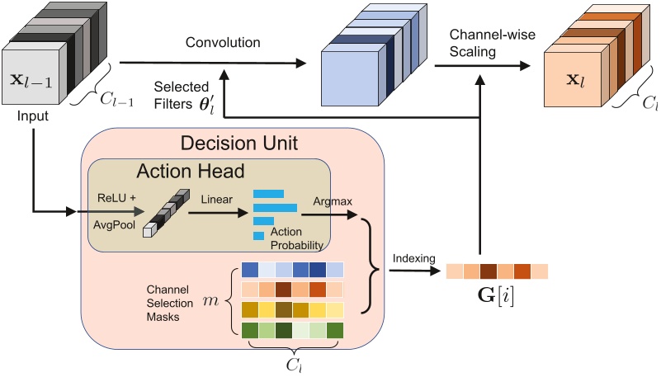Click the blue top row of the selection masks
[292, 269]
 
